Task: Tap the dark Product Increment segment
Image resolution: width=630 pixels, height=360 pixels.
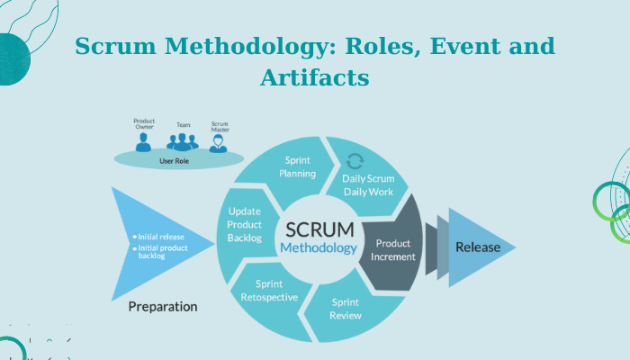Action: [x=394, y=249]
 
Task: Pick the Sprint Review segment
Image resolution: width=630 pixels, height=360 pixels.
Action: [x=346, y=309]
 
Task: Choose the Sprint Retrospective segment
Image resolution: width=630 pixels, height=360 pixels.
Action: [x=270, y=290]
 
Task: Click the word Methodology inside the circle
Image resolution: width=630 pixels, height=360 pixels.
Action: [x=319, y=247]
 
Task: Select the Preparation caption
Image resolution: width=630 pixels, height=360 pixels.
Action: [x=163, y=306]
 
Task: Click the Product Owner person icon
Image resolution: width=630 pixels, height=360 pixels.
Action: [x=144, y=141]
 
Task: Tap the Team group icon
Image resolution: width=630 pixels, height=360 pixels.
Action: [x=183, y=142]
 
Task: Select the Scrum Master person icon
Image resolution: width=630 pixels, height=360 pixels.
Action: [x=219, y=143]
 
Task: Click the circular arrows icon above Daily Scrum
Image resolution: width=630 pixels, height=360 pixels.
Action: [x=355, y=162]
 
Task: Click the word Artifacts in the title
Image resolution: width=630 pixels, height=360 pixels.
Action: [x=315, y=78]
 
